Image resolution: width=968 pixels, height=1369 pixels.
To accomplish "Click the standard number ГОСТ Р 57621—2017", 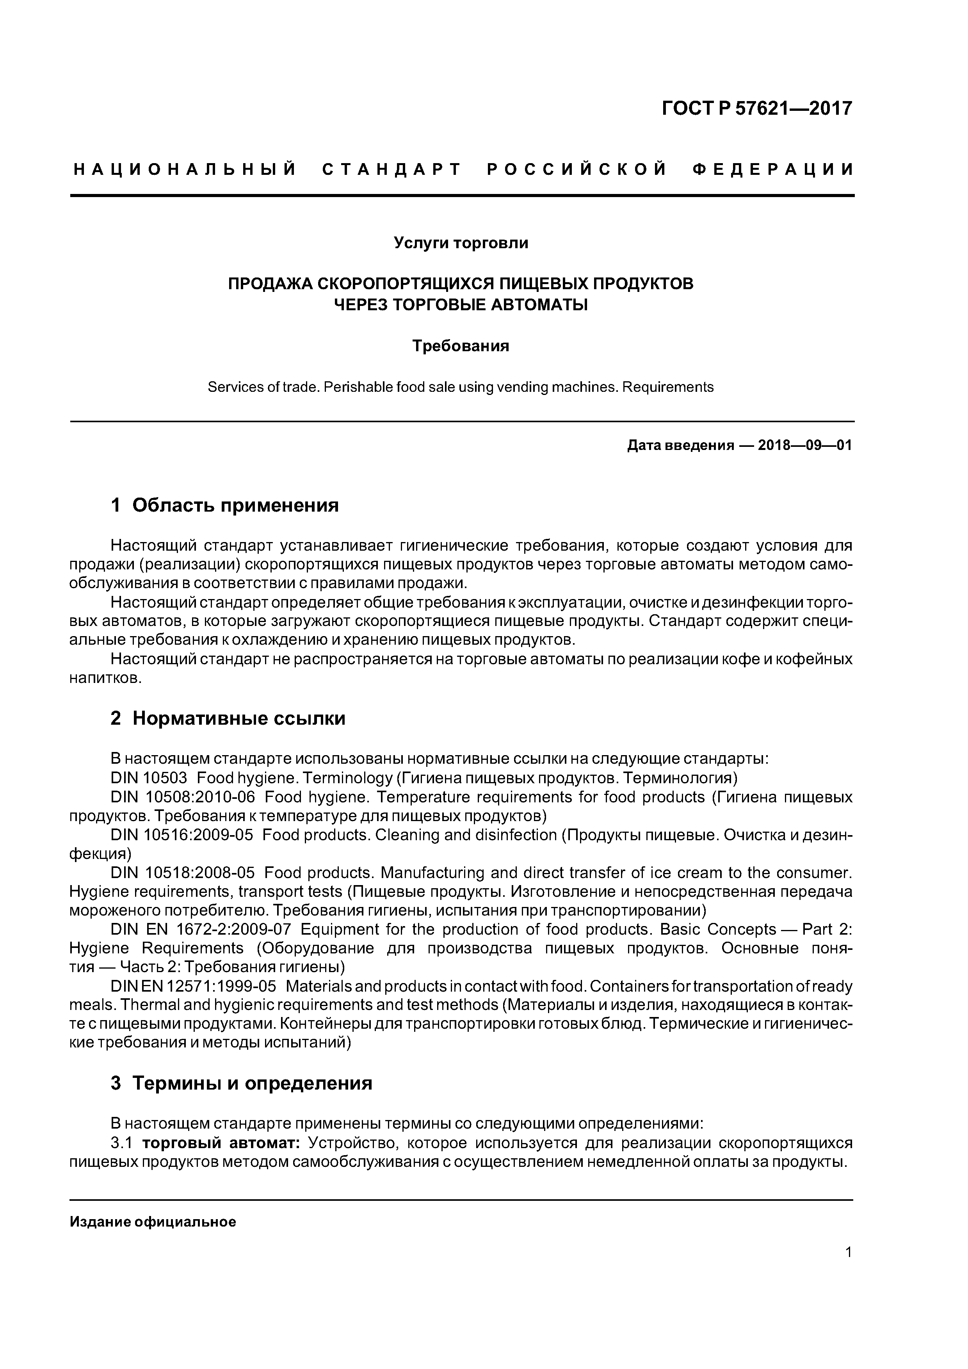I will [x=757, y=108].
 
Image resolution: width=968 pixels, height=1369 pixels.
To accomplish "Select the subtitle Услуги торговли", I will [x=461, y=243].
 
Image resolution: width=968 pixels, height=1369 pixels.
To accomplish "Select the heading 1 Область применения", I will [x=224, y=506].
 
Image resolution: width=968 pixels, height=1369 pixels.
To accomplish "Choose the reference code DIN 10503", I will [x=148, y=778].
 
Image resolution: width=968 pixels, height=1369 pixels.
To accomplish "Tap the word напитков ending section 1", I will [x=105, y=679].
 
